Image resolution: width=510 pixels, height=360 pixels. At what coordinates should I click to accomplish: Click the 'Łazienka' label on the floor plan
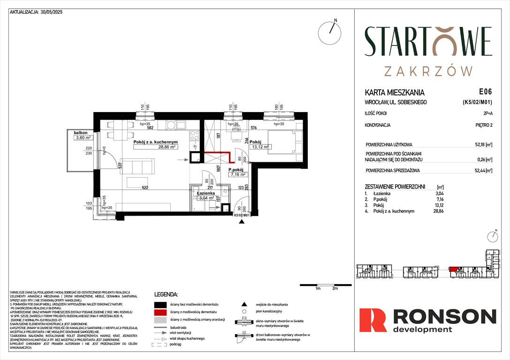(x=206, y=193)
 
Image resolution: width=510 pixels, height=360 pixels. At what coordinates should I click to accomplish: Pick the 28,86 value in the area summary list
(x=478, y=211)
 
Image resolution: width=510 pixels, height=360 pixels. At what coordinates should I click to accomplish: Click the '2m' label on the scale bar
(x=335, y=289)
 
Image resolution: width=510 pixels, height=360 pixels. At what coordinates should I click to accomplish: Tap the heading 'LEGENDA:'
(x=166, y=294)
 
